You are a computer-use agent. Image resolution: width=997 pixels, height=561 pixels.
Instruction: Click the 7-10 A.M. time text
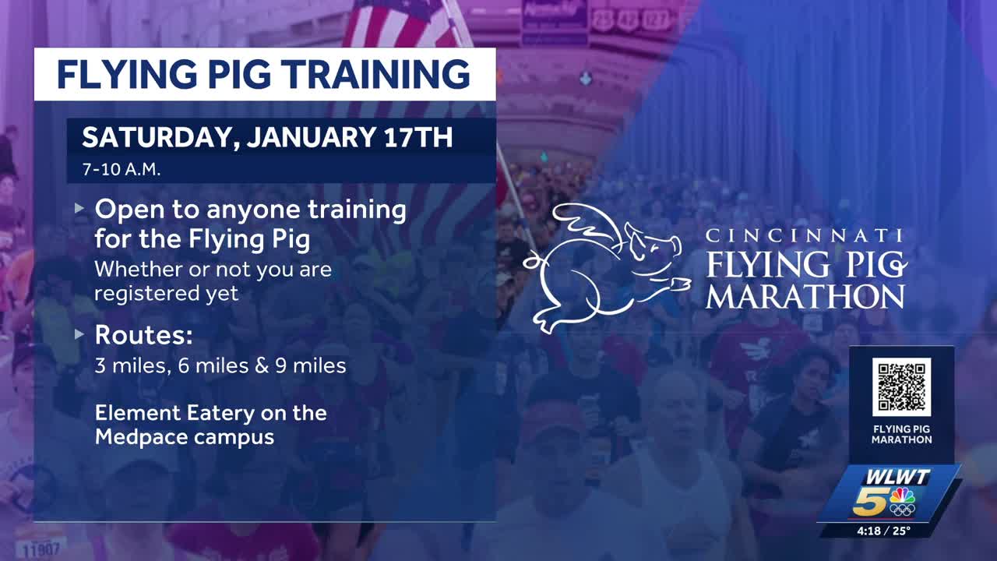(122, 169)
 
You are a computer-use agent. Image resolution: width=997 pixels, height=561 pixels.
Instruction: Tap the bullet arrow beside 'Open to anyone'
(79, 209)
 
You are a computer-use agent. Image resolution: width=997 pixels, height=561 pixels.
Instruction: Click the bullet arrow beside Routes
(79, 335)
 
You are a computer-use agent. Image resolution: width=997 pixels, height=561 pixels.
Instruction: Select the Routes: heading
(143, 335)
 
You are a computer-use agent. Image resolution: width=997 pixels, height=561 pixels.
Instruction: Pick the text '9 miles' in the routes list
(315, 365)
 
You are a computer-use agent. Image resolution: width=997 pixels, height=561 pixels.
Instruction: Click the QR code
(901, 386)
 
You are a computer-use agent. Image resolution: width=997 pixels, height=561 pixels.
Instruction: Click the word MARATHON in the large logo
(805, 297)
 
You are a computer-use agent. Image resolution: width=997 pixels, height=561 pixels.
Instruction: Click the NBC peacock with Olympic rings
(902, 502)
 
